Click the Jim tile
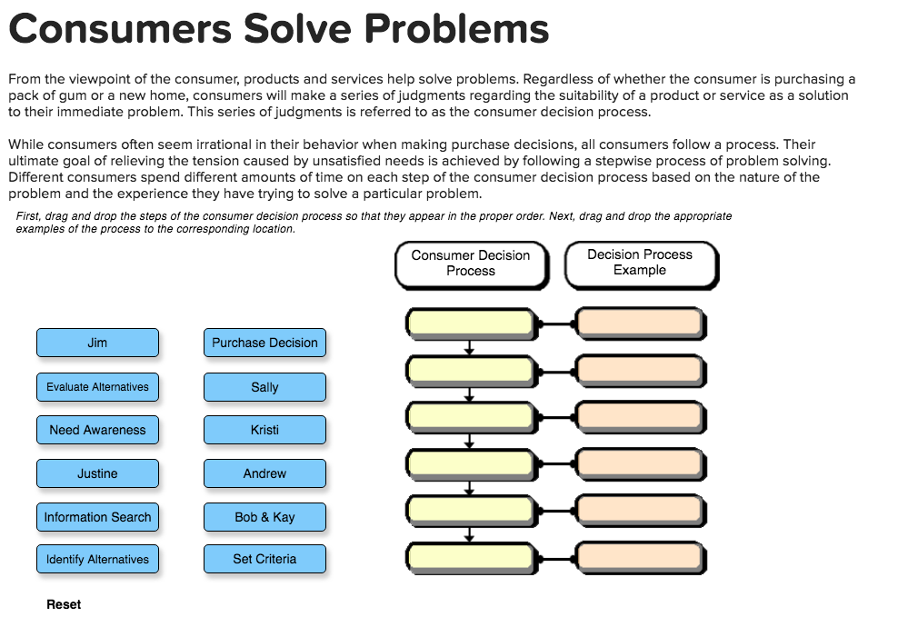tap(97, 343)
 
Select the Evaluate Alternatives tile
tap(97, 386)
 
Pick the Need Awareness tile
tap(97, 430)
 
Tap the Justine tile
tap(97, 473)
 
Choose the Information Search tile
tap(97, 517)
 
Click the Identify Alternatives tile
tap(97, 559)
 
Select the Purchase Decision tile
tap(264, 343)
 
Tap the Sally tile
tap(264, 386)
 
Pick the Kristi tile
tap(264, 430)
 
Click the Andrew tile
tap(264, 473)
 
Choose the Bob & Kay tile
tap(264, 517)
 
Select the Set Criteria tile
tap(264, 559)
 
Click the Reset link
tap(64, 604)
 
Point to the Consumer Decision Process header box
tap(471, 264)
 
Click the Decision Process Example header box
tap(640, 263)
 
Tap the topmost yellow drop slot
tap(470, 323)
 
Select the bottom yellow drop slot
tap(470, 556)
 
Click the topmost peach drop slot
tap(640, 323)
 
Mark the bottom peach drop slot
tap(640, 556)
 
